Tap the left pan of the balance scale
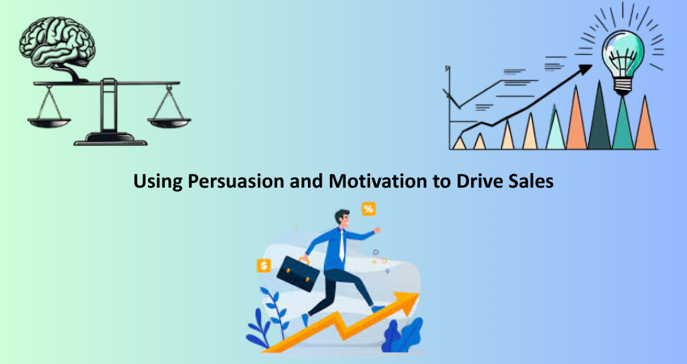coord(49,122)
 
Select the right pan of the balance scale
coord(169,122)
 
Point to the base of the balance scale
coord(111,139)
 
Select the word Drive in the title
coord(478,180)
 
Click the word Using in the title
coord(158,181)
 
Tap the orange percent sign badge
coord(369,209)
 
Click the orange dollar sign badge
coord(263,266)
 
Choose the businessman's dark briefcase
coord(298,273)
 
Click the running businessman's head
coord(343,218)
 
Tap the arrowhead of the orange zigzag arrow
coord(407,303)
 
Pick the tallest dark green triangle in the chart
coord(599,116)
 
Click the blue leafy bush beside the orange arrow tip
coord(403,335)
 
